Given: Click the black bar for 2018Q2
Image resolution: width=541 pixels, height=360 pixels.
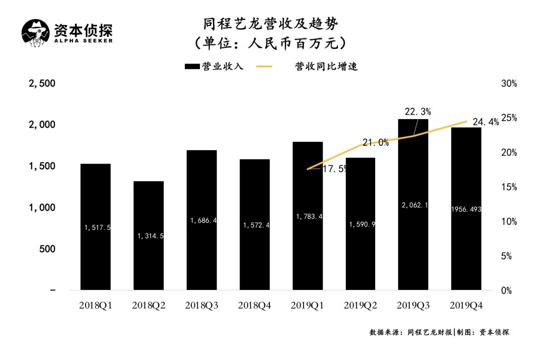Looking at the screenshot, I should tap(148, 235).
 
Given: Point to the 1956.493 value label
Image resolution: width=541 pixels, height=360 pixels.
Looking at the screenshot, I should tap(466, 209).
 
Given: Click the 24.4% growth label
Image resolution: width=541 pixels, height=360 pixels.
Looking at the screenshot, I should tap(485, 122).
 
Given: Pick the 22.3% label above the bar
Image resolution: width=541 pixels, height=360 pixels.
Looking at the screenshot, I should tap(418, 111).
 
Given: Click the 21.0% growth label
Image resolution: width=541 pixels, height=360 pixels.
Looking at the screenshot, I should tap(376, 143).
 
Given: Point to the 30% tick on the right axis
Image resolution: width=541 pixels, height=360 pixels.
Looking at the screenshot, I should tap(508, 84).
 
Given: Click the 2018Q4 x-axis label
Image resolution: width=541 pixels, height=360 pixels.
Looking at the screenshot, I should tap(254, 305).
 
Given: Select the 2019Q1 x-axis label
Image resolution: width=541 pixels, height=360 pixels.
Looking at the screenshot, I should tap(308, 305).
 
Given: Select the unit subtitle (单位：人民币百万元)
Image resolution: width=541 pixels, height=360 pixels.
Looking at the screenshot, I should tap(270, 43).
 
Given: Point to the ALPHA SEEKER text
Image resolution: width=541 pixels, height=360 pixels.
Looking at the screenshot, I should tap(83, 41).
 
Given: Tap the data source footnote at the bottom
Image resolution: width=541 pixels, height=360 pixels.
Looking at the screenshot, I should tap(439, 332).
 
